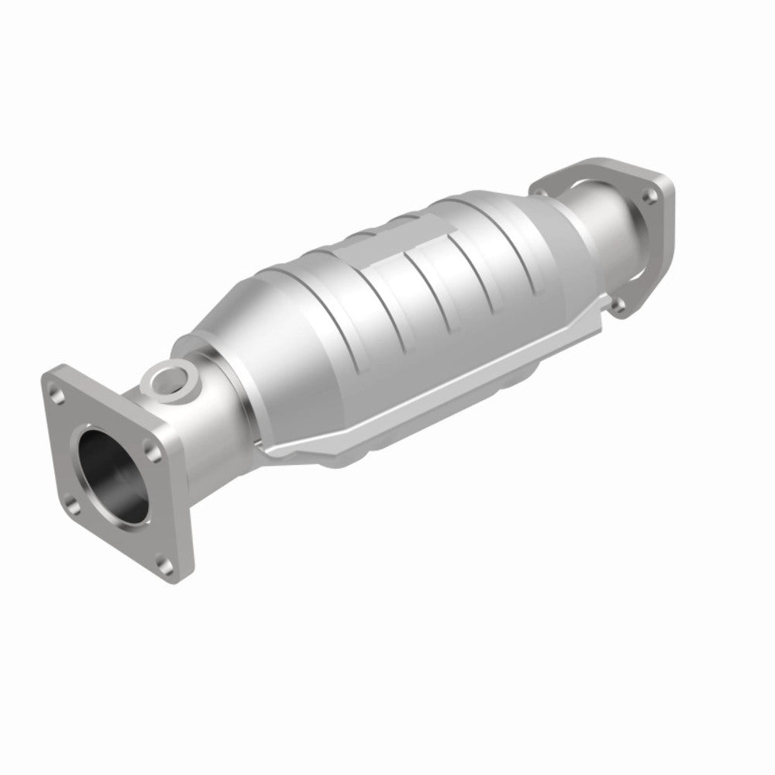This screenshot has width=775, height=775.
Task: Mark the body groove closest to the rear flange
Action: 496,232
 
